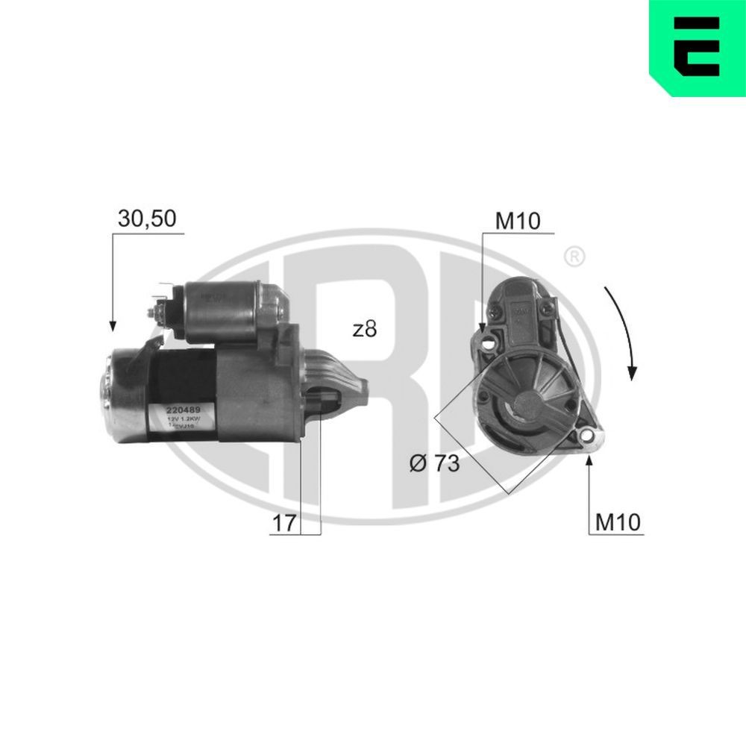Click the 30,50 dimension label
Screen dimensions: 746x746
tap(147, 218)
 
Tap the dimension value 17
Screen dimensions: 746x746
tap(283, 523)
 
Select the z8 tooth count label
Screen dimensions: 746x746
tap(364, 329)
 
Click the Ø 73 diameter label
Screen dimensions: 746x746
tap(433, 463)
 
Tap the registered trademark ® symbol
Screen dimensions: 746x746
tap(573, 257)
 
